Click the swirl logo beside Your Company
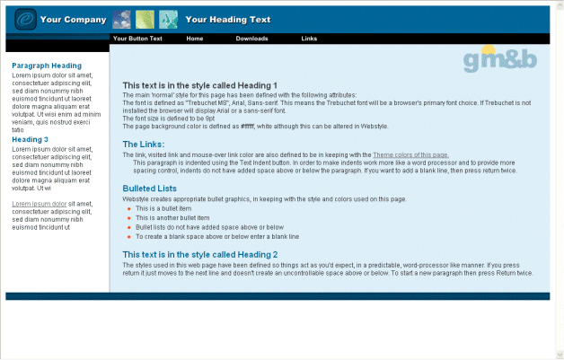click(25, 19)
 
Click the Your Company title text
click(74, 19)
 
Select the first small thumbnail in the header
click(122, 19)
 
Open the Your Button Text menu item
click(137, 39)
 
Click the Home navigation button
click(195, 39)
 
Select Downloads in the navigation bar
click(251, 39)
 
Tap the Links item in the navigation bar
click(309, 39)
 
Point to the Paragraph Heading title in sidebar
click(47, 66)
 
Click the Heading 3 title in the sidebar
click(31, 139)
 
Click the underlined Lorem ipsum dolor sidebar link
click(39, 204)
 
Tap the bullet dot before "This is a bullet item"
click(128, 208)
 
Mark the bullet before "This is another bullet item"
click(128, 218)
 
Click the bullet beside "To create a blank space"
click(128, 237)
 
